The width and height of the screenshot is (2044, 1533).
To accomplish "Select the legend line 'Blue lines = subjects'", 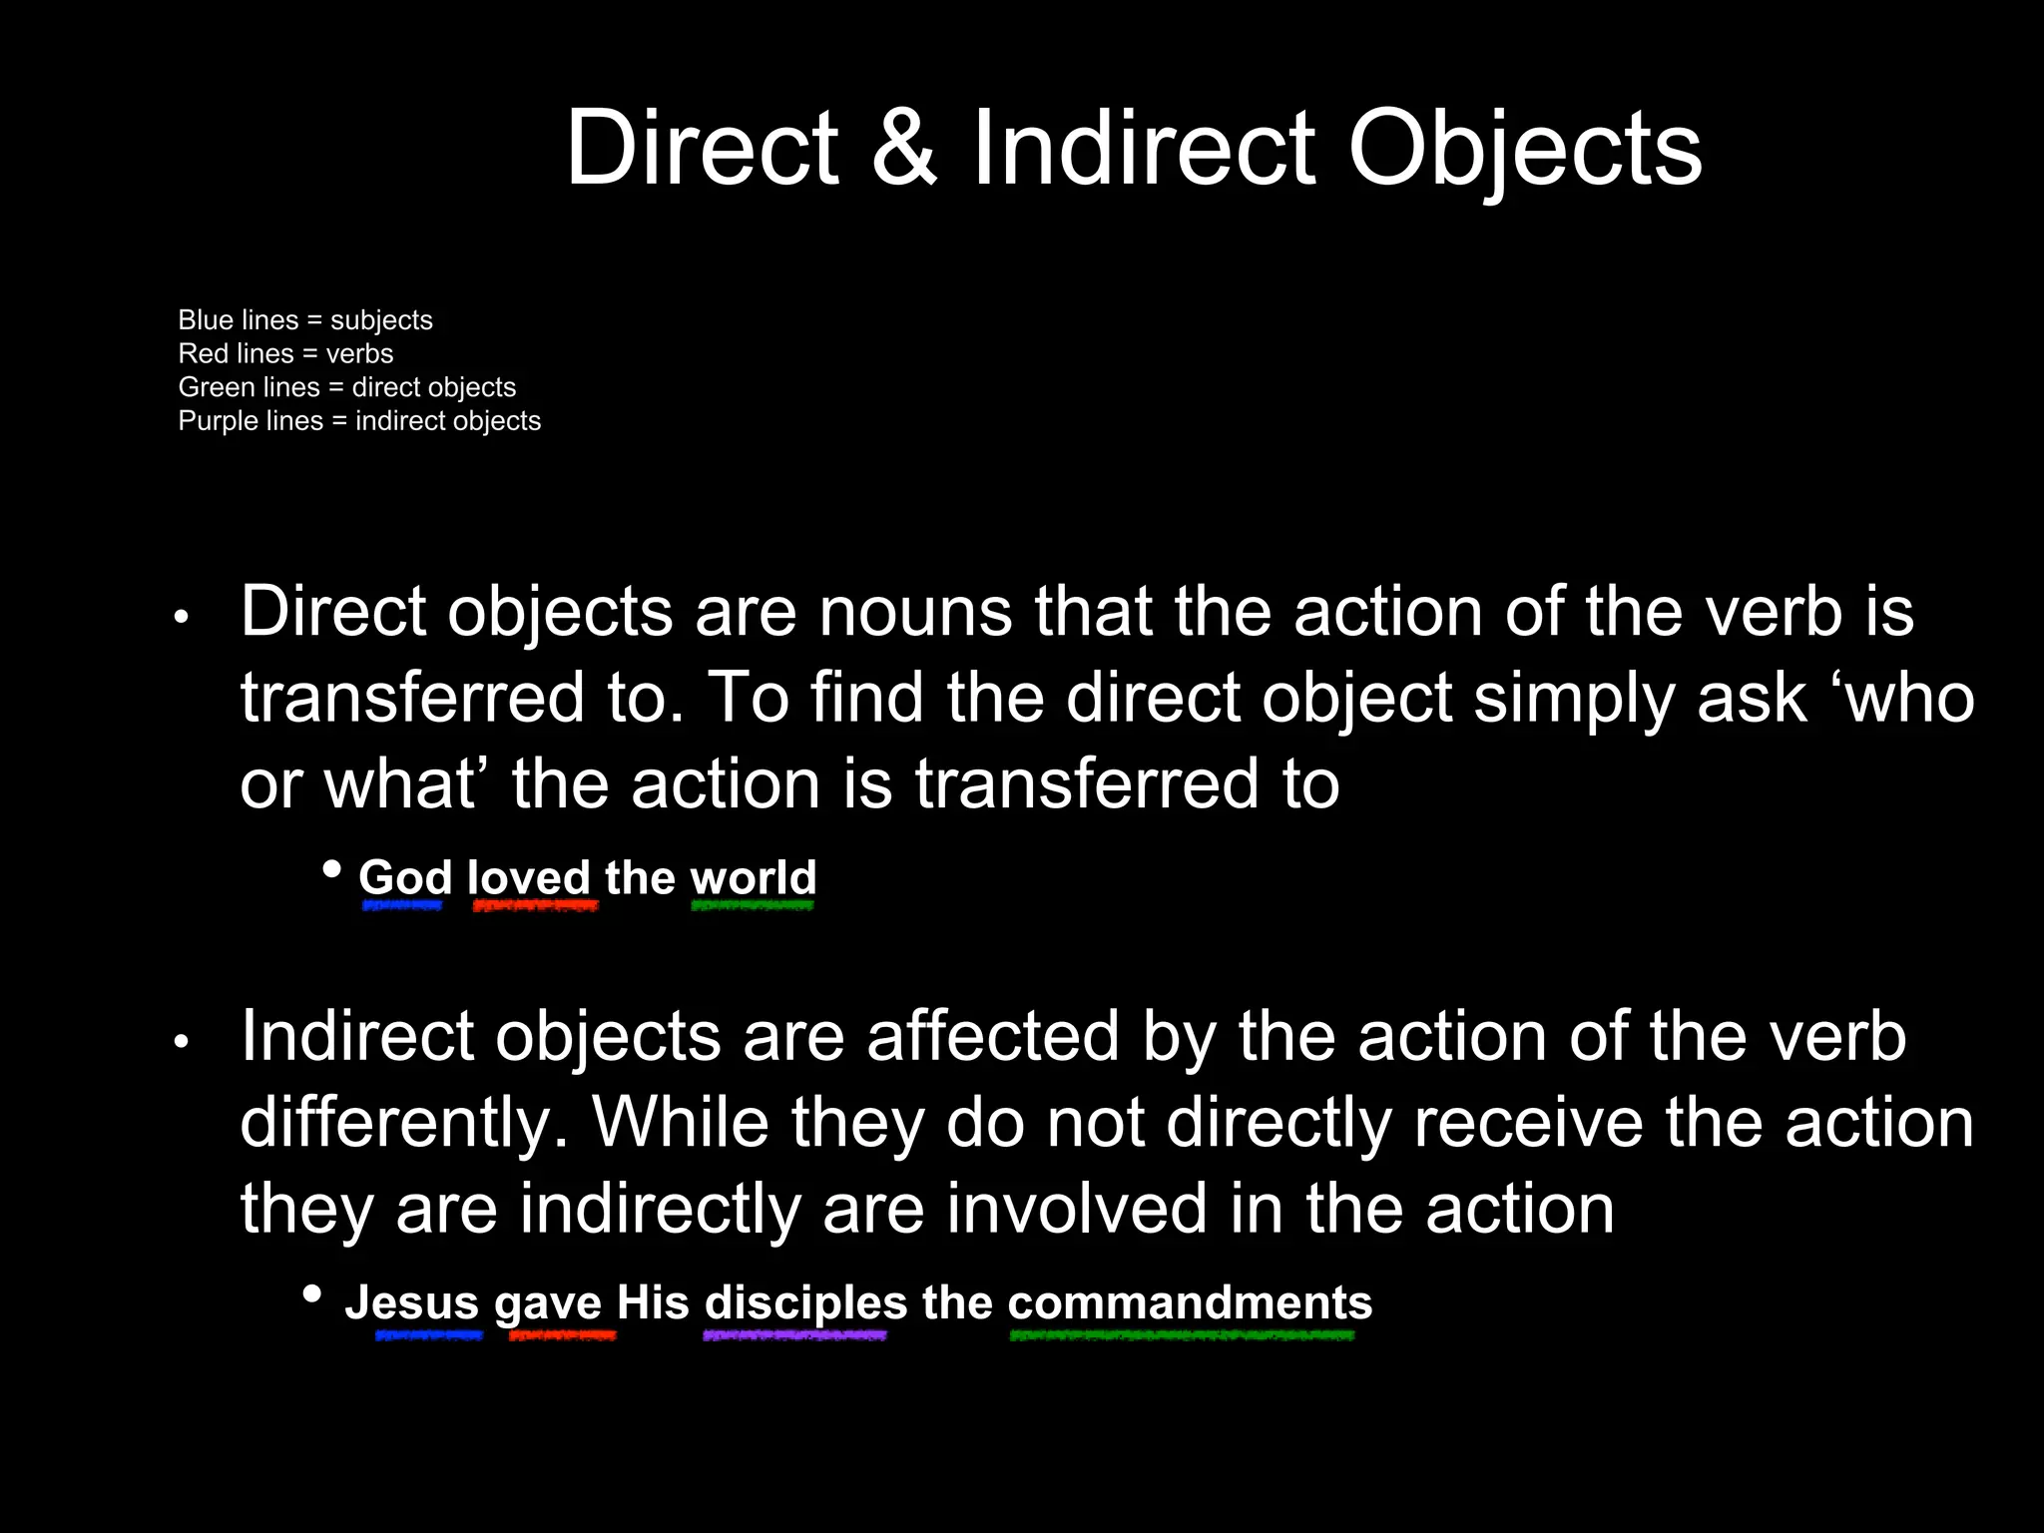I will [305, 320].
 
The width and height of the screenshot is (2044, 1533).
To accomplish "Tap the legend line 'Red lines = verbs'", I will [285, 354].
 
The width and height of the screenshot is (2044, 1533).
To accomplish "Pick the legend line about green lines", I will [347, 387].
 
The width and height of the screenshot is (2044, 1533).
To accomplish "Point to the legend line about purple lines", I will [359, 421].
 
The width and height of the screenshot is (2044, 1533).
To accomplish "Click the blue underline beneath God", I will [402, 906].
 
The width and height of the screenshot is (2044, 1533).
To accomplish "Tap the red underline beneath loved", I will [535, 906].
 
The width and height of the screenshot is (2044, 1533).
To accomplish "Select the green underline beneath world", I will [753, 906].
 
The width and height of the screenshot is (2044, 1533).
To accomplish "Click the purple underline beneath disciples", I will [794, 1335].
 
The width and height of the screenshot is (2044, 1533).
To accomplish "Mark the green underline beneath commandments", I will [1182, 1335].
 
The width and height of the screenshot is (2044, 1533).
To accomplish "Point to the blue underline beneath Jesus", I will [429, 1335].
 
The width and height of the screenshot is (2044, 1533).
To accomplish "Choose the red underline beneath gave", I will [562, 1335].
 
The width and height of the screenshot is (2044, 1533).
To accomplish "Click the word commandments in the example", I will [1190, 1302].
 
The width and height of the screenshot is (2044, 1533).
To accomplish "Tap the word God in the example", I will [405, 878].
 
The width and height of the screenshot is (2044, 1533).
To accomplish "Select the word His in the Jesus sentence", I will [653, 1302].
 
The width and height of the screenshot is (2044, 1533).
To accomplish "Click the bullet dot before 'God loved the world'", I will [332, 869].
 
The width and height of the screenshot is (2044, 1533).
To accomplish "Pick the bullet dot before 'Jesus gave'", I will [312, 1294].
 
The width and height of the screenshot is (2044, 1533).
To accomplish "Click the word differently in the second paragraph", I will [404, 1124].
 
